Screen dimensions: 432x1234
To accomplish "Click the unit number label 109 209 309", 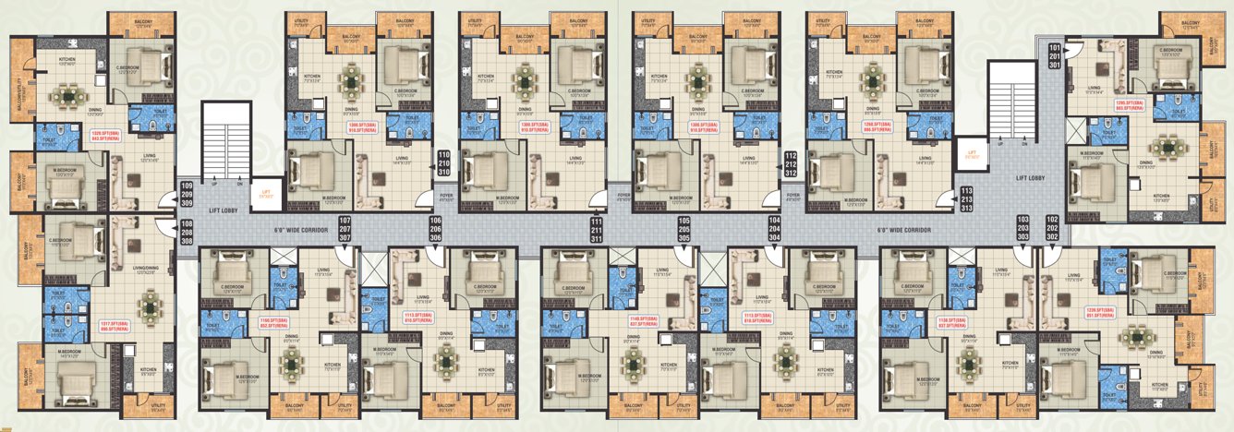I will (x=188, y=196).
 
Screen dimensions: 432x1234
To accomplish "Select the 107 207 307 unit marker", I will (x=344, y=229).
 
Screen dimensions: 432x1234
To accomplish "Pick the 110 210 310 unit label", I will (x=443, y=163).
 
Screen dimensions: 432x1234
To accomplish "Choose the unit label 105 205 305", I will (x=684, y=229).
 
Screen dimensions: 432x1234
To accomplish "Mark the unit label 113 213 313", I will (x=965, y=199).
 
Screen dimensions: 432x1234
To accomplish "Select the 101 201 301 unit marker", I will (x=1054, y=56).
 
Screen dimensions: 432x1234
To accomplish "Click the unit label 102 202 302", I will (x=1051, y=229).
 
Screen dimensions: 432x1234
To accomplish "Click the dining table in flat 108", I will (x=150, y=304).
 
